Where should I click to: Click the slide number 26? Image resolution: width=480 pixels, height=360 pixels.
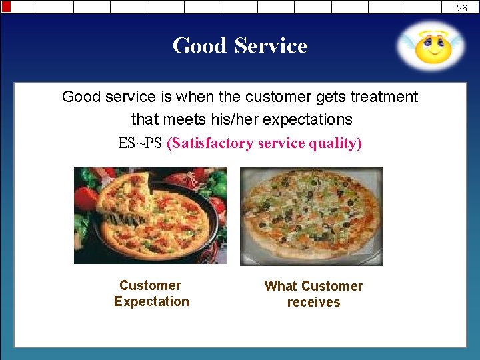[462, 8]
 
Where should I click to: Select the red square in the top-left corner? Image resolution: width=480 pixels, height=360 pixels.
[6, 7]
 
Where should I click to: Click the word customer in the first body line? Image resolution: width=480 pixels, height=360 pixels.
[277, 97]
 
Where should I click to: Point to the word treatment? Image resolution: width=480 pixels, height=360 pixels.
[383, 97]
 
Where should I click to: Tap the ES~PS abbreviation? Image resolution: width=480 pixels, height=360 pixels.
[140, 143]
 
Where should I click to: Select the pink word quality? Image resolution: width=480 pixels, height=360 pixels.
[336, 143]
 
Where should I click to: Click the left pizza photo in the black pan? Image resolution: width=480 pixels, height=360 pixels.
[150, 215]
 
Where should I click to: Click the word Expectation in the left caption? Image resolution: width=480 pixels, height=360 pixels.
[151, 301]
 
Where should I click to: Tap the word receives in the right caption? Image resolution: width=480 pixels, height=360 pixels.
[313, 302]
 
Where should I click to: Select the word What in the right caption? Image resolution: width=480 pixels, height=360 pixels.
[280, 286]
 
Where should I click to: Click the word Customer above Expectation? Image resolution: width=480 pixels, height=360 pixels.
[150, 285]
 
